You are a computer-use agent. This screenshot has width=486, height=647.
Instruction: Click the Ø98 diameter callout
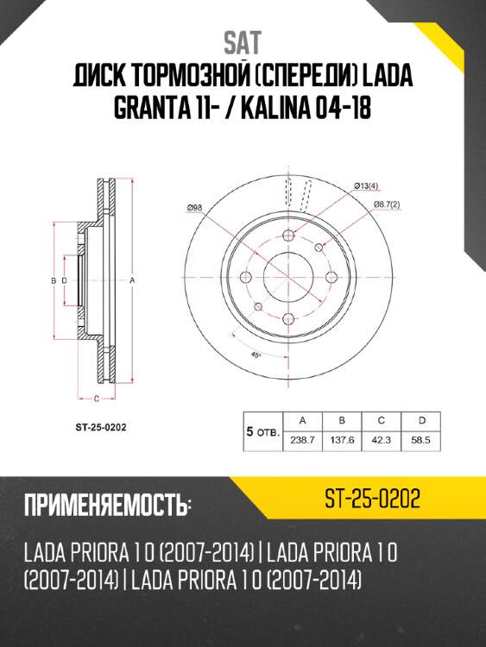pyautogui.click(x=194, y=208)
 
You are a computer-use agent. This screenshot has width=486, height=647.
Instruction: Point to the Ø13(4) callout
pyautogui.click(x=368, y=185)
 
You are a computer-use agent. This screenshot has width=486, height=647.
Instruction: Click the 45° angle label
pyautogui.click(x=256, y=355)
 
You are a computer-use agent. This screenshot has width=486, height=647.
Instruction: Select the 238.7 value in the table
pyautogui.click(x=302, y=440)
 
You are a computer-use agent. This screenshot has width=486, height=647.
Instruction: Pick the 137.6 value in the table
pyautogui.click(x=343, y=440)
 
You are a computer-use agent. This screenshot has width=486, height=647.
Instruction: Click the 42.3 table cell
pyautogui.click(x=382, y=440)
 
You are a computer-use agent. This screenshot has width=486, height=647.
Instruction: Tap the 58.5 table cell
pyautogui.click(x=421, y=440)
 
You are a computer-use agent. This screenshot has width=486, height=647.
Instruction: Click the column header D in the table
pyautogui.click(x=421, y=420)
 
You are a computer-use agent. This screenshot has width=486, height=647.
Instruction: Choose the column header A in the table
pyautogui.click(x=302, y=420)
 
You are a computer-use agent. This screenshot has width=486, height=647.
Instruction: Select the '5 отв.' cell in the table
pyautogui.click(x=262, y=430)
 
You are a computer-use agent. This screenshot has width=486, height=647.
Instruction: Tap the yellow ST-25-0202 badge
pyautogui.click(x=373, y=499)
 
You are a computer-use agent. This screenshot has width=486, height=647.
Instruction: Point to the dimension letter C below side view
pyautogui.click(x=95, y=398)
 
